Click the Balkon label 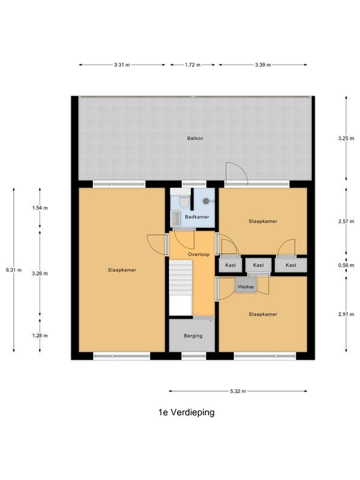pos(195,139)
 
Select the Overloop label pos(198,255)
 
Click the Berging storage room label pos(193,336)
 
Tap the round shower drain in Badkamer pos(206,202)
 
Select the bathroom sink pos(175,218)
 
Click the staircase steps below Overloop pos(181,285)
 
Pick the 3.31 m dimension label pos(122,65)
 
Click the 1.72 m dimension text pos(192,65)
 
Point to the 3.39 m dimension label pos(263,65)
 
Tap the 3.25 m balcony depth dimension pos(346,139)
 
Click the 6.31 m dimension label pos(14,270)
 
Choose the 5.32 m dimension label pos(238,392)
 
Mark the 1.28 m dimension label pos(40,335)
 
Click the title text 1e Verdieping pos(186,413)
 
